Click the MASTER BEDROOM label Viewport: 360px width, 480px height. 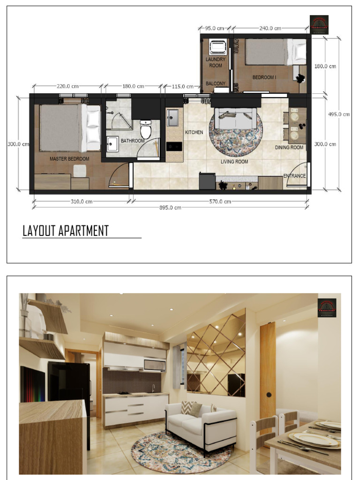pos(69,159)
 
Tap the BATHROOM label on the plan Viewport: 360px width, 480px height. pos(133,141)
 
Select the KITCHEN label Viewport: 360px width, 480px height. pos(194,133)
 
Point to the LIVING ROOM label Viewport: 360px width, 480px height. pos(234,162)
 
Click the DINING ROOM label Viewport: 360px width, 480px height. pos(289,148)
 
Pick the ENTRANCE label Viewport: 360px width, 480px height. pos(294,176)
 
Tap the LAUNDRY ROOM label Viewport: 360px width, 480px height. pos(216,62)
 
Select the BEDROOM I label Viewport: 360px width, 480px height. pos(264,77)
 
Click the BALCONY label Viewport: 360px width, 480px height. pos(216,84)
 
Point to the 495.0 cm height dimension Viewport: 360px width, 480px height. pos(339,114)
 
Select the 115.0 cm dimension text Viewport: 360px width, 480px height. pos(183,87)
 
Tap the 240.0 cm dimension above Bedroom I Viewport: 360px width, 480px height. pos(270,29)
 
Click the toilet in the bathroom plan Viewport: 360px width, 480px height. pos(146,129)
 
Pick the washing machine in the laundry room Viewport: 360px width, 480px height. pos(217,47)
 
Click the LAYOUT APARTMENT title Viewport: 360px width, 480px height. pos(66,231)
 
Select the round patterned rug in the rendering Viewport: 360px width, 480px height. pos(180,453)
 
